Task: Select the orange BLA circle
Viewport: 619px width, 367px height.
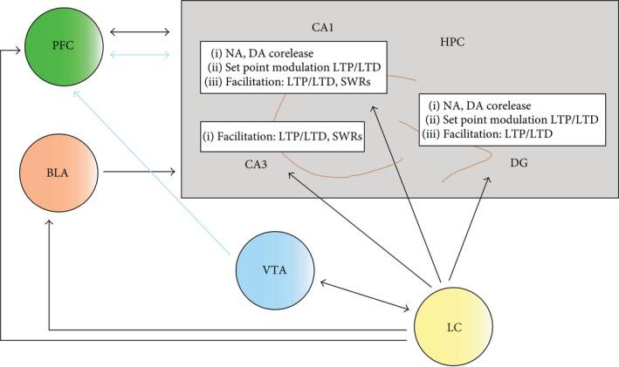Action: [x=57, y=173]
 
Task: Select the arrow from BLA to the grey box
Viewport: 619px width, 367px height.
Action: [x=139, y=173]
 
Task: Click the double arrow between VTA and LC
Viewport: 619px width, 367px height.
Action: [x=366, y=295]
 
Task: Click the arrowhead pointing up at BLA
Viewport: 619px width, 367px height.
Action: [x=49, y=223]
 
